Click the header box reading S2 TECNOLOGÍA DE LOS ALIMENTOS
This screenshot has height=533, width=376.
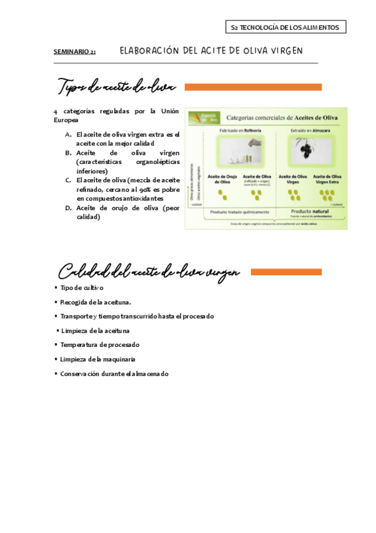285,27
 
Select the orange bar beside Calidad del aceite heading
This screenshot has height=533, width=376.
287,272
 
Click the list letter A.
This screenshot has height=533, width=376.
68,135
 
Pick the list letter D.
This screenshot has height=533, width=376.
68,207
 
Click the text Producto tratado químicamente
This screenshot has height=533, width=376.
239,212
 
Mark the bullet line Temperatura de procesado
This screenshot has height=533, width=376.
99,345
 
